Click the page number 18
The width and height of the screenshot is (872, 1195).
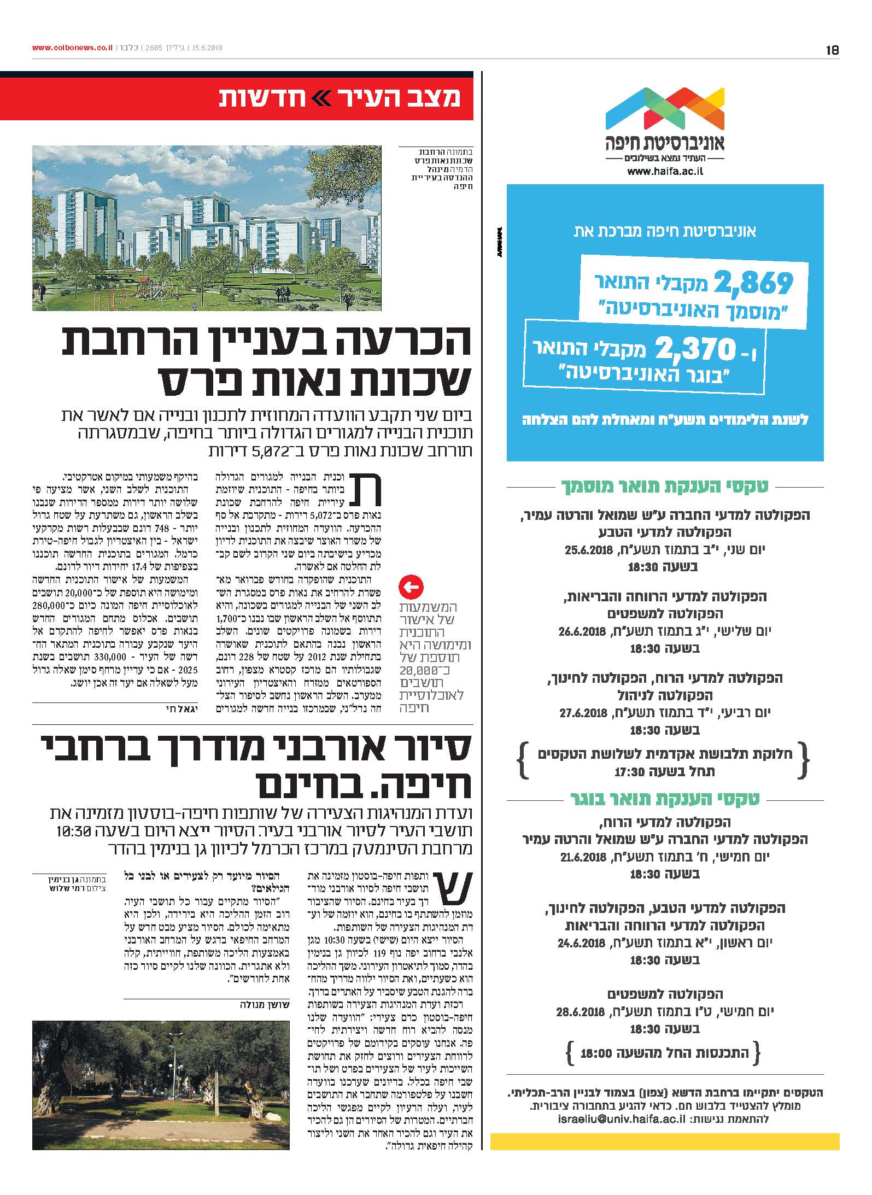click(x=832, y=50)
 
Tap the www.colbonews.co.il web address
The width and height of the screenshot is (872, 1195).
click(x=72, y=48)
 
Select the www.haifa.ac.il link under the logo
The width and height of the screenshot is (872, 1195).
click(x=665, y=171)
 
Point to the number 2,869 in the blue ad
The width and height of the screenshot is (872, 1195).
click(x=753, y=283)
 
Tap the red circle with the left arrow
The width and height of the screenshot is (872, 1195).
click(x=412, y=588)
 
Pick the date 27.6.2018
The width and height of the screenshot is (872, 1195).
click(x=584, y=713)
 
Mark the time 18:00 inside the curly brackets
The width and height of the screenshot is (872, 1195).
click(x=597, y=1051)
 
